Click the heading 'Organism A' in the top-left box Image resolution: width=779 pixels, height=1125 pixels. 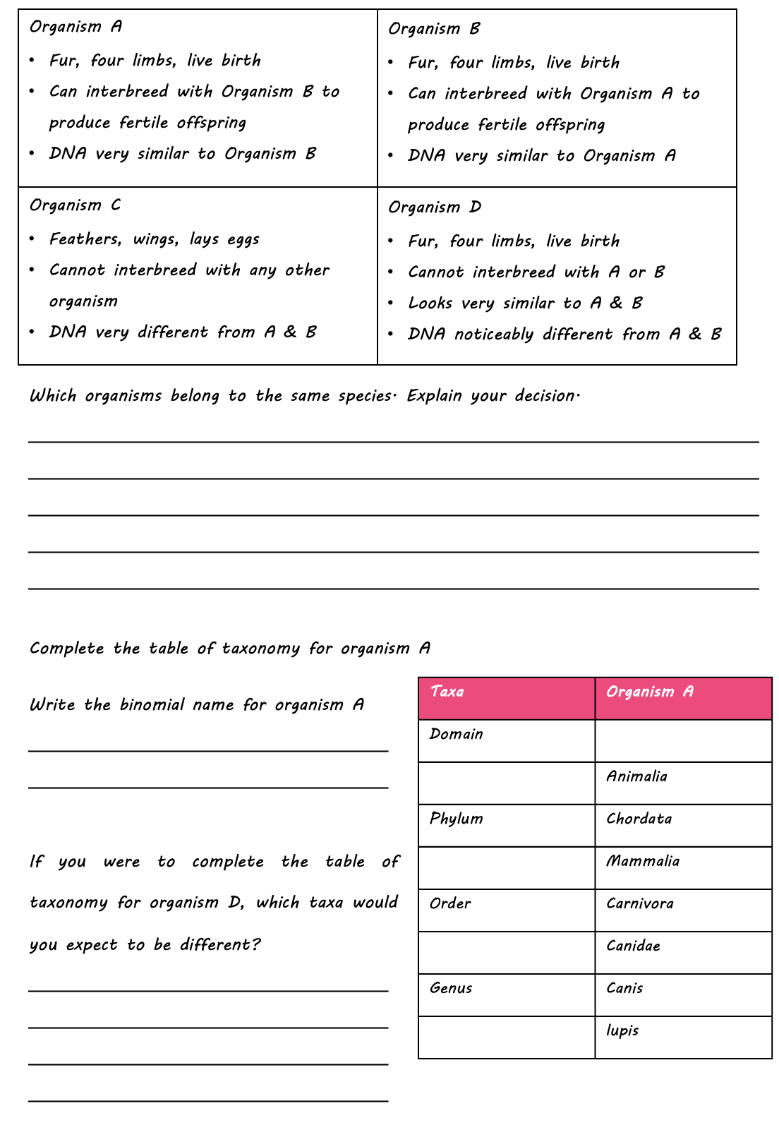coord(76,27)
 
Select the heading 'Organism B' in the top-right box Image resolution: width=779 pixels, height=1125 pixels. coord(434,29)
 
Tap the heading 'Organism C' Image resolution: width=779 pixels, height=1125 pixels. coord(75,205)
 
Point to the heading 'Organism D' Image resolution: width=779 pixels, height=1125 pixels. coord(435,207)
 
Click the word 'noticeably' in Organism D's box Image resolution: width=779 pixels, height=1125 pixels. coord(493,335)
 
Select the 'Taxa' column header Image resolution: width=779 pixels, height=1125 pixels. coord(447,692)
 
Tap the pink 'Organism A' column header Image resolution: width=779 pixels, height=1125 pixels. coord(649,692)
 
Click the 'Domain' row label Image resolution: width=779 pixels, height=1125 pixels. coord(456,734)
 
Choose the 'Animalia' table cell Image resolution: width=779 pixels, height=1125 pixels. coord(636,776)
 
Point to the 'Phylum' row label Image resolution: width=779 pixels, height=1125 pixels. coord(456,819)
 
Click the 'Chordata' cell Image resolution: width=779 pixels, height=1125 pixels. coord(639,819)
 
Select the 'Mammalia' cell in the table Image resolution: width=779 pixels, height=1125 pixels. coord(643,861)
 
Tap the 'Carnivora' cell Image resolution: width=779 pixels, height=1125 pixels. coord(639,903)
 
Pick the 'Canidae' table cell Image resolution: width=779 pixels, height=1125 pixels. coord(633,946)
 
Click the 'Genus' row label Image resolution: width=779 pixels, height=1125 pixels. coord(450,988)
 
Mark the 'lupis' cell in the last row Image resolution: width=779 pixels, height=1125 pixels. coord(622,1030)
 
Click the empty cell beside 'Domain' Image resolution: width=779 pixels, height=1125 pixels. coord(682,740)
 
